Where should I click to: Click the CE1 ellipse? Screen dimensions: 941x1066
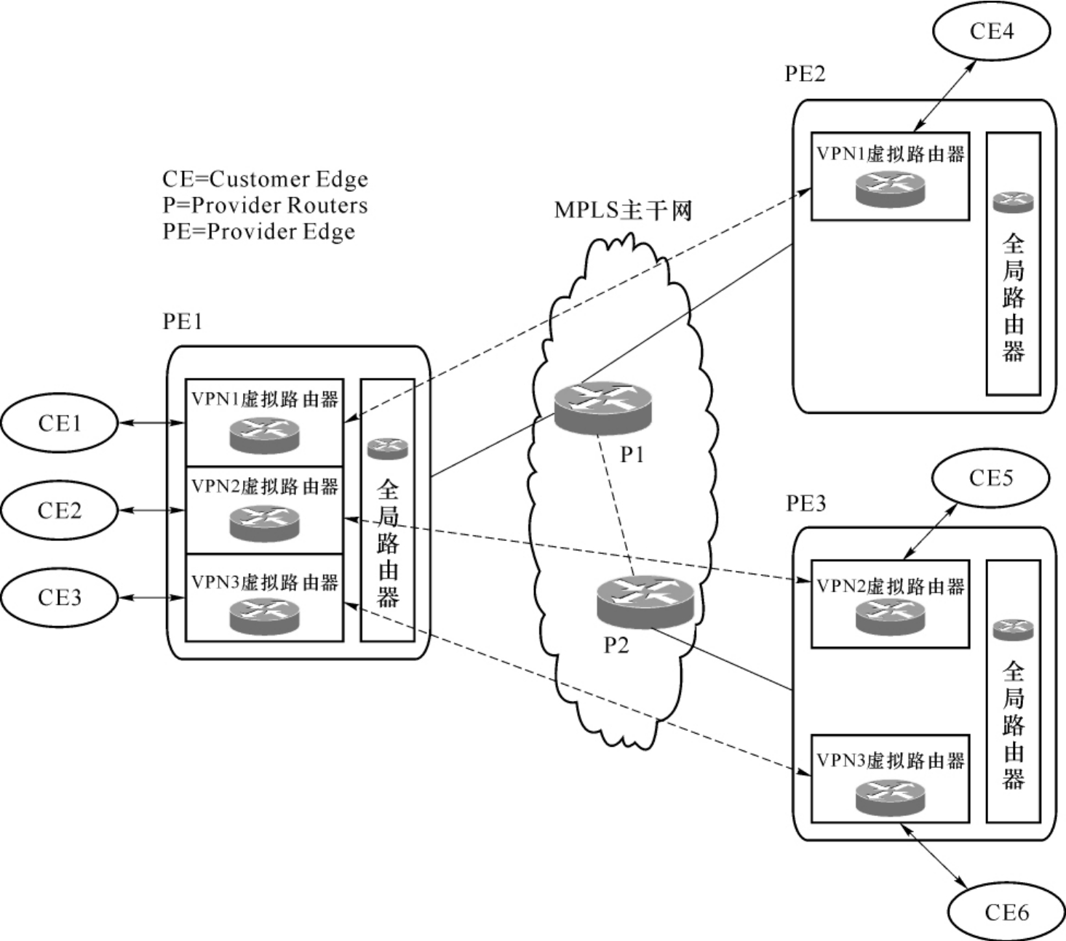(60, 423)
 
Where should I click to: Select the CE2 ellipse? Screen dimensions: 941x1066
(60, 510)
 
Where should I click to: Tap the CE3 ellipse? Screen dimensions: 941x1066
(60, 597)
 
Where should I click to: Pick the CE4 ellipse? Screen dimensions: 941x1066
(991, 31)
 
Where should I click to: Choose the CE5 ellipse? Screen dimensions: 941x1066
(990, 478)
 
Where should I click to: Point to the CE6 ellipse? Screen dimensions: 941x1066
(1006, 912)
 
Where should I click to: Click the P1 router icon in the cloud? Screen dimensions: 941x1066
(603, 407)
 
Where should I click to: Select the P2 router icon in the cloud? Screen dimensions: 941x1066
(645, 601)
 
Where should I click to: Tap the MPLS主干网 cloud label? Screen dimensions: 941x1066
(623, 210)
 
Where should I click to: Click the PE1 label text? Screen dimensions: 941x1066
(183, 321)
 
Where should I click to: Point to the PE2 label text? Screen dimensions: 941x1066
(805, 74)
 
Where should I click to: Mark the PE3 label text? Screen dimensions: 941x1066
(806, 503)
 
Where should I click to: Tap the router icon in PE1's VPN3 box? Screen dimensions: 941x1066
(264, 617)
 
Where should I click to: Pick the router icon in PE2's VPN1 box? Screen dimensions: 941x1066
(890, 188)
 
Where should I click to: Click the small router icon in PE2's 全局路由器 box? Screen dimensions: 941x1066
(1013, 201)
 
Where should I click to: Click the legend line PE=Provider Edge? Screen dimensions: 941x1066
(259, 232)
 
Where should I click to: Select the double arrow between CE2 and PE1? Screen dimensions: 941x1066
(151, 510)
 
